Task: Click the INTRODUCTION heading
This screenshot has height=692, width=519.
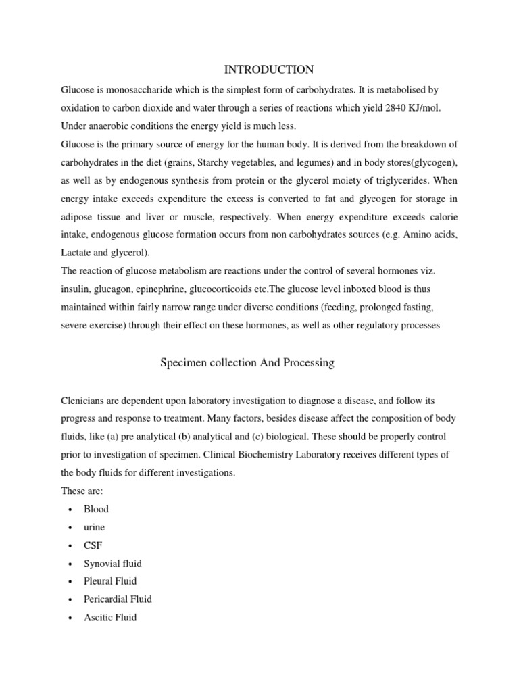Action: [269, 70]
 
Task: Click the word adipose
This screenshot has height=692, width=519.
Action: [78, 217]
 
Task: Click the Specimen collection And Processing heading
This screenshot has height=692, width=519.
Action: [247, 363]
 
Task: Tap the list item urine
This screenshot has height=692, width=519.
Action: [95, 527]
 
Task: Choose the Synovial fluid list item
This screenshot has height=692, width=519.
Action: [114, 563]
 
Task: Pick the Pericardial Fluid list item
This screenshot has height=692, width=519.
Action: [118, 599]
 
